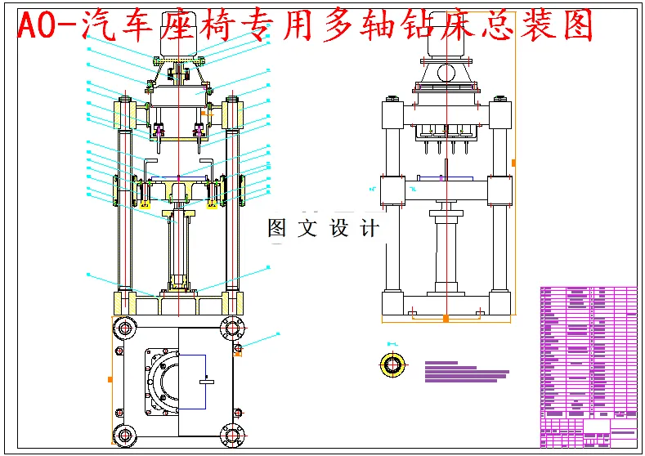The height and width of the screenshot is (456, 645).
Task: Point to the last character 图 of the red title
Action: pyautogui.click(x=576, y=26)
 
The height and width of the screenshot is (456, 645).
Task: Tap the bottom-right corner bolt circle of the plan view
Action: pyautogui.click(x=231, y=434)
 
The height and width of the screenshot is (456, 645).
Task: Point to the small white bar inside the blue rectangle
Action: pyautogui.click(x=209, y=382)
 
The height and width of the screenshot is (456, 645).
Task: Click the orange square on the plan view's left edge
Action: pyautogui.click(x=110, y=379)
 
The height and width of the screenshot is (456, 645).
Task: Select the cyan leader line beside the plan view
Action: pyautogui.click(x=260, y=341)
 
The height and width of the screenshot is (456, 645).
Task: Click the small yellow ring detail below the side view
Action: pyautogui.click(x=394, y=364)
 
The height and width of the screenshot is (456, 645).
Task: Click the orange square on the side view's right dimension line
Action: pyautogui.click(x=513, y=163)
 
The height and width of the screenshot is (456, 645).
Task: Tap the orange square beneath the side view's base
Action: pyautogui.click(x=446, y=318)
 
